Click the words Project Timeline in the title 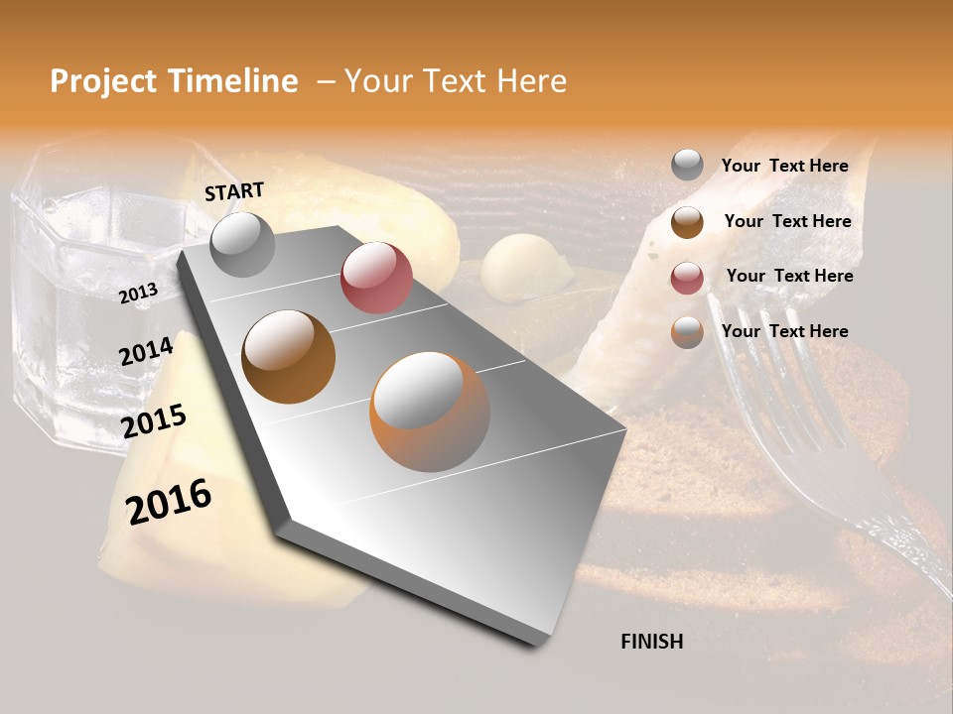pyautogui.click(x=174, y=81)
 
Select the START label pyautogui.click(x=234, y=191)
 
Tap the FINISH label pyautogui.click(x=651, y=642)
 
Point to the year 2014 pyautogui.click(x=147, y=351)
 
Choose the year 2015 pyautogui.click(x=154, y=421)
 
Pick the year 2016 pyautogui.click(x=169, y=501)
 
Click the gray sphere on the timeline pyautogui.click(x=242, y=245)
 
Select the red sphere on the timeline pyautogui.click(x=376, y=277)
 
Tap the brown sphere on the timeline pyautogui.click(x=288, y=356)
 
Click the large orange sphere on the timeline pyautogui.click(x=429, y=412)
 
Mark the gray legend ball pyautogui.click(x=687, y=165)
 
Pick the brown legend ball pyautogui.click(x=687, y=221)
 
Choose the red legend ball pyautogui.click(x=687, y=277)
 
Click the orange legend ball pyautogui.click(x=687, y=332)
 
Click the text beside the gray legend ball pyautogui.click(x=784, y=166)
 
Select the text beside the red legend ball pyautogui.click(x=789, y=276)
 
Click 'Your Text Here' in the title pyautogui.click(x=455, y=81)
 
